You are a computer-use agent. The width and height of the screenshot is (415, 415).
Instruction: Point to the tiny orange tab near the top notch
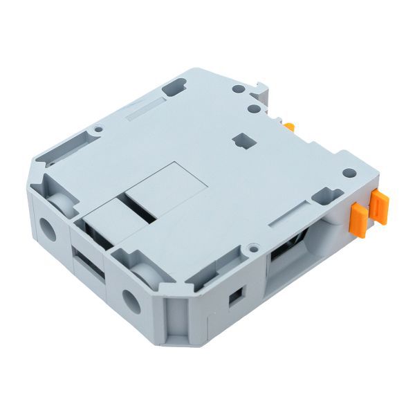point(290,127)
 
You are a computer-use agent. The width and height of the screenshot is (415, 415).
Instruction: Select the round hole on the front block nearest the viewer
point(131,300)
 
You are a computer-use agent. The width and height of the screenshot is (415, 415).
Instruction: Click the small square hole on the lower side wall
point(234,295)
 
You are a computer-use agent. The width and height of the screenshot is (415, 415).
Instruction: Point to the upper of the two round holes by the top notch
point(238,90)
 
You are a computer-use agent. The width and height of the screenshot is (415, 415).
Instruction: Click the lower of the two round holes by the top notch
point(253,108)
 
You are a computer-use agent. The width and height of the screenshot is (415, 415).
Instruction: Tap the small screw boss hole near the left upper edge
point(99,129)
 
